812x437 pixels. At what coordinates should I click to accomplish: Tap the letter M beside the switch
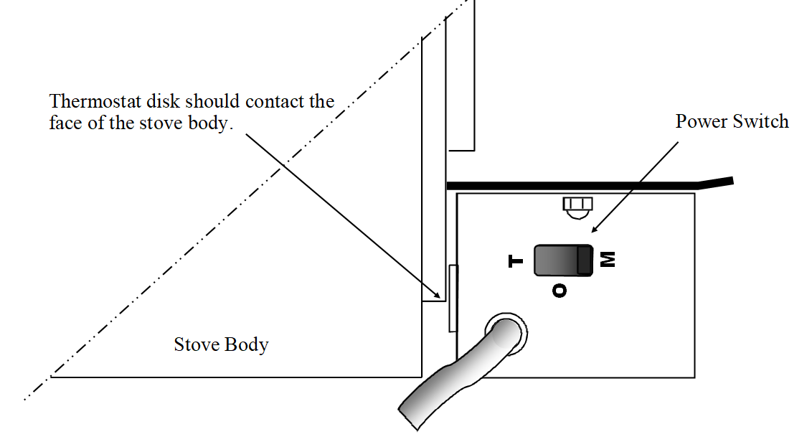[608, 259]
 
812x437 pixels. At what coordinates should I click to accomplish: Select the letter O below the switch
[560, 290]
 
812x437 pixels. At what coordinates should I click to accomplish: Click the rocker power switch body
[563, 260]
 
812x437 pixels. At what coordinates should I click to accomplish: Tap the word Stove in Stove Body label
[194, 344]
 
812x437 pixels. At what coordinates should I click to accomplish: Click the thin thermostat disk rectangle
[453, 298]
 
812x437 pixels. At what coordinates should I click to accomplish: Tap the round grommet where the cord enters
[508, 332]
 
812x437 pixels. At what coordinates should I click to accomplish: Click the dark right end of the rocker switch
[585, 260]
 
